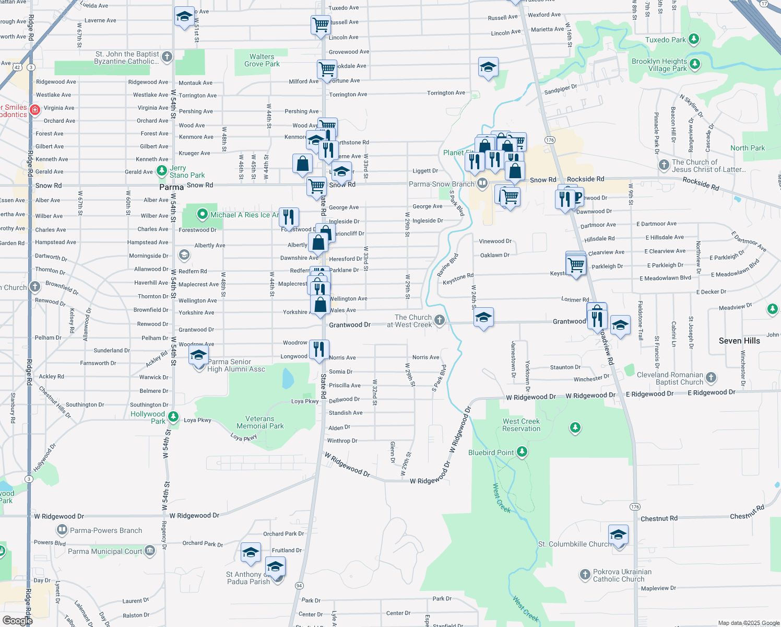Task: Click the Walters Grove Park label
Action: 262,60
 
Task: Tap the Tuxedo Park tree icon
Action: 694,39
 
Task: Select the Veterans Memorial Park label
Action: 260,422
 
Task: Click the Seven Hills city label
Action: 739,341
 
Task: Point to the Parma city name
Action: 171,187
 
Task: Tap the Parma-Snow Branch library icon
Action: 482,183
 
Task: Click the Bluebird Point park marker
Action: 522,452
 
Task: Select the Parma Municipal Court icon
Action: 150,551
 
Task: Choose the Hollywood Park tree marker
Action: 173,417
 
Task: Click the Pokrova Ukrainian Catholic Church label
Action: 618,575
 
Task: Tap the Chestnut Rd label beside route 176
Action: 659,518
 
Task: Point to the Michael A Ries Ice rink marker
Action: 203,214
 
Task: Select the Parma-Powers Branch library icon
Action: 62,530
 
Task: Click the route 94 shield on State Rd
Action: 299,585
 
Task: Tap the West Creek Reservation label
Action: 521,425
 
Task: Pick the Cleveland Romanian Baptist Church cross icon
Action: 711,377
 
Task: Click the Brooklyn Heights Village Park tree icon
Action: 694,64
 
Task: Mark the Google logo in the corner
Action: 17,620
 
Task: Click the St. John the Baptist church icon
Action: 167,56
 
